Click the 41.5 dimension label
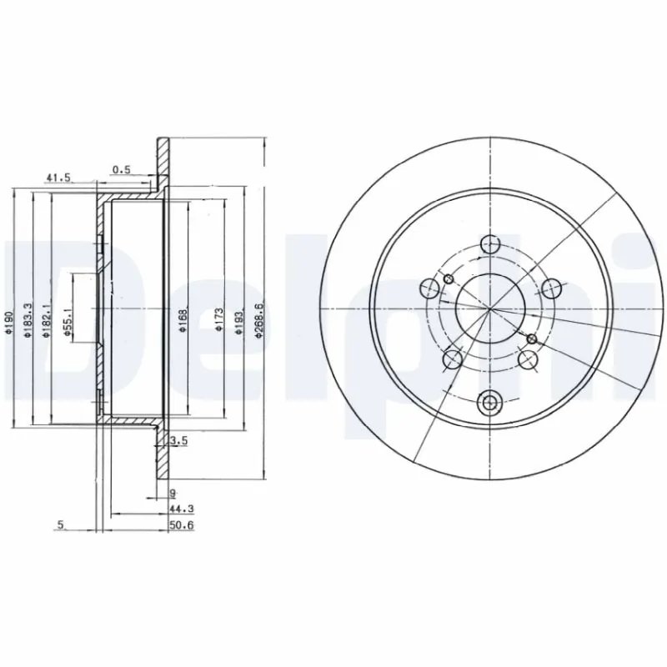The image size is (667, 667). point(57,178)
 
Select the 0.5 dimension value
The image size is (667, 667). point(122,169)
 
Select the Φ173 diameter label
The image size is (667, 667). point(218,322)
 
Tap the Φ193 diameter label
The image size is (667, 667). point(238,322)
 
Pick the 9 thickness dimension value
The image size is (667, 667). point(172,493)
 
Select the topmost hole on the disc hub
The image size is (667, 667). point(490,243)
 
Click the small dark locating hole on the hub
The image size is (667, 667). point(531,338)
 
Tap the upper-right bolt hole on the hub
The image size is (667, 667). point(549,288)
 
